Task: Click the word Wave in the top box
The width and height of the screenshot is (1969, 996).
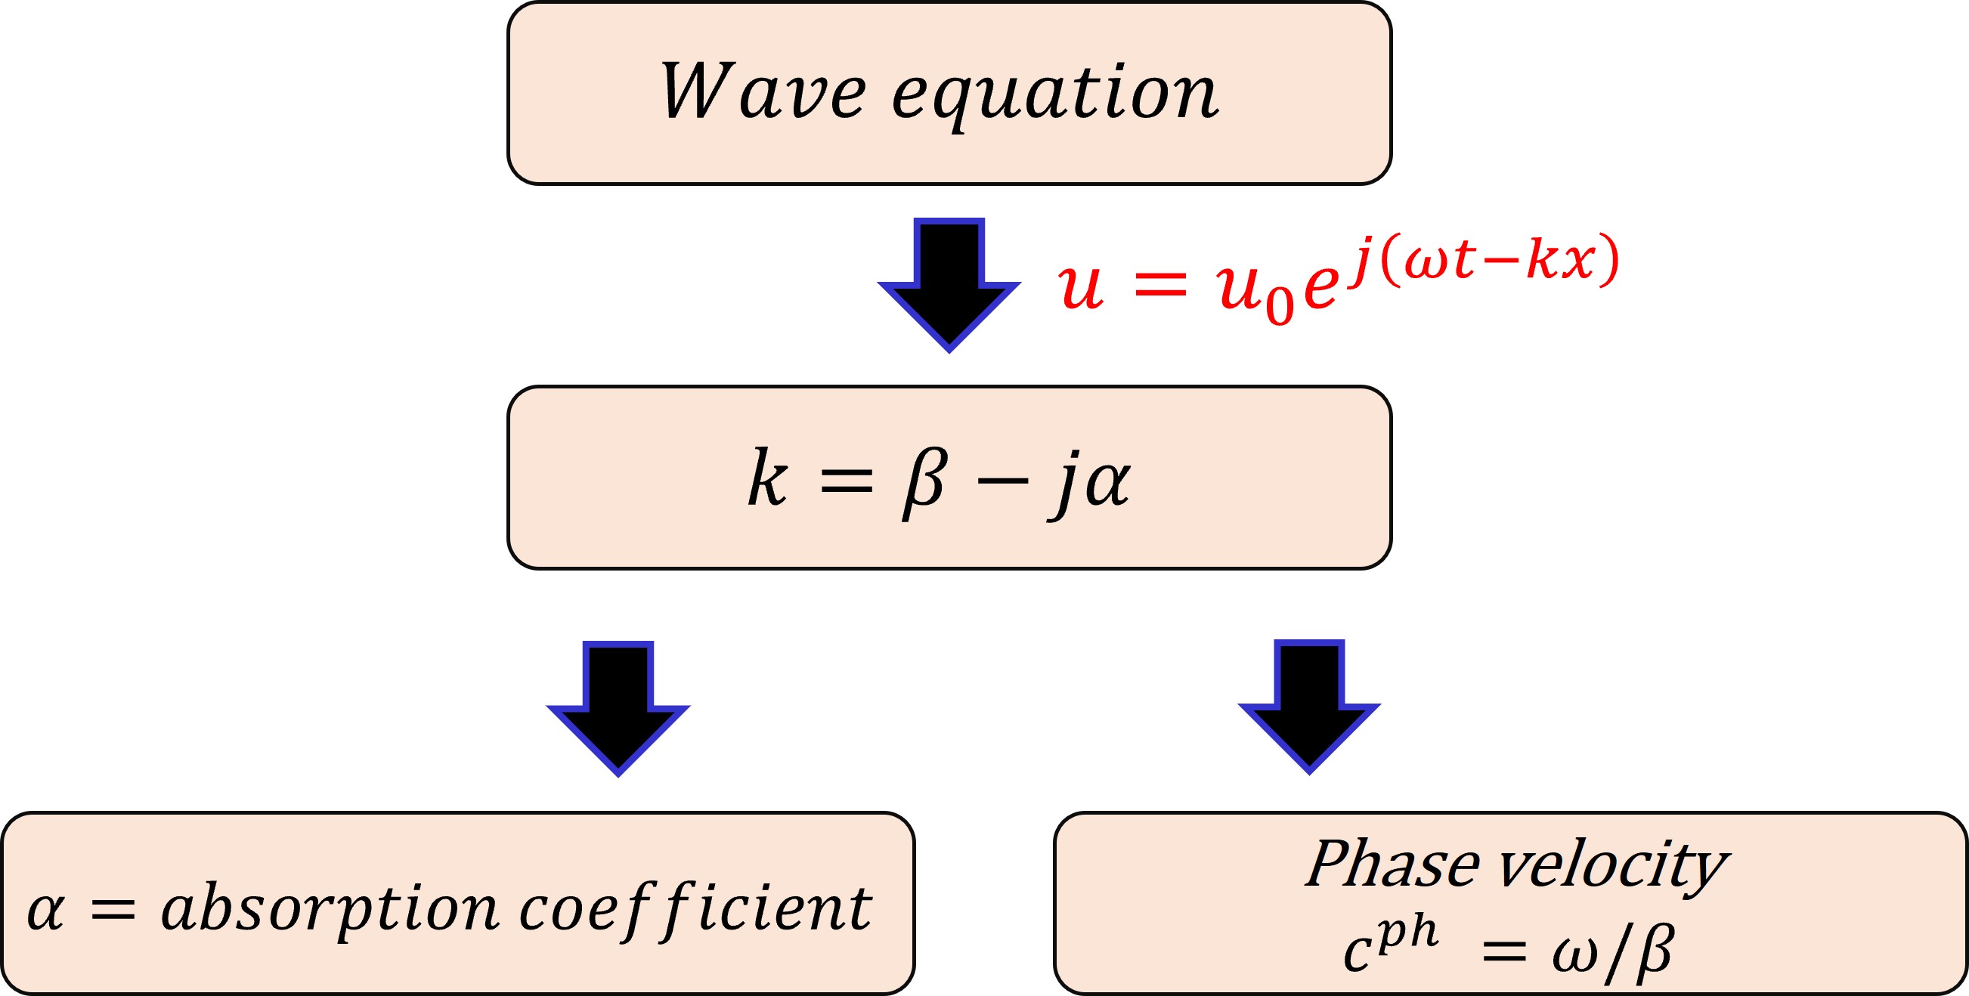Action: click(762, 91)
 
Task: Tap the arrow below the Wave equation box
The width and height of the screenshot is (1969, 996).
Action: click(949, 283)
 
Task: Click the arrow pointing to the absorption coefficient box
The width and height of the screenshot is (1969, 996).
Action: click(618, 707)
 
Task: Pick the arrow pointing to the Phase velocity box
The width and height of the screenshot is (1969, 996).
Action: click(1308, 705)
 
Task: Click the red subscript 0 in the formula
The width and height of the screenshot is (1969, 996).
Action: click(1279, 305)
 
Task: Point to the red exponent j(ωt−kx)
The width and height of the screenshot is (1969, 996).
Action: click(1483, 260)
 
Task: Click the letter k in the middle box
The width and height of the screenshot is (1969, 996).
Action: click(766, 478)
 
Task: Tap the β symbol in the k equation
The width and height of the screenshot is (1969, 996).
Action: click(926, 481)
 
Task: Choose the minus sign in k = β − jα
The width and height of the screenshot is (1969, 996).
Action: click(1004, 481)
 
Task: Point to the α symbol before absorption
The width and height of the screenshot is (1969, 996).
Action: click(45, 911)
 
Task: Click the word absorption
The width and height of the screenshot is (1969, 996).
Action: click(330, 910)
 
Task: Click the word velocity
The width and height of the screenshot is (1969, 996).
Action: click(1613, 867)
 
